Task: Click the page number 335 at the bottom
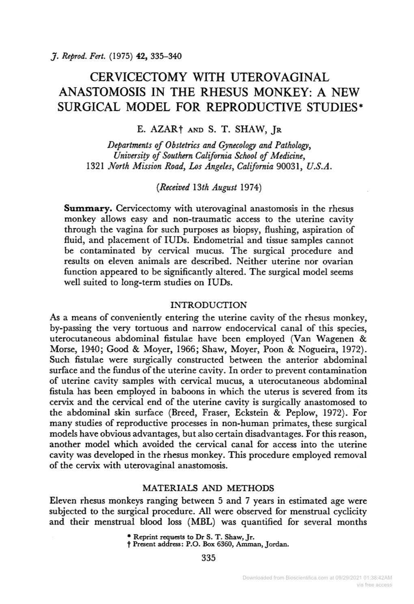(x=208, y=558)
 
